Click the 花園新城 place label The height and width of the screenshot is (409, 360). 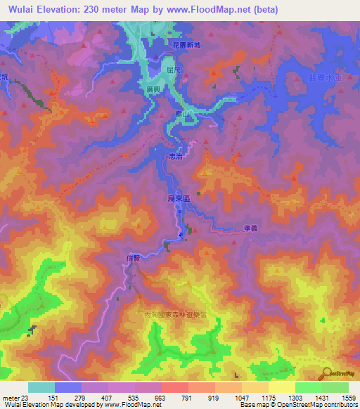coord(186,45)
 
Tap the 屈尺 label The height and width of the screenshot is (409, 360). coord(175,70)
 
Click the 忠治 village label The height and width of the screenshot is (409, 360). coord(176,158)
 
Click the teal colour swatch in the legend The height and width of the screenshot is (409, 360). coord(41,387)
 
